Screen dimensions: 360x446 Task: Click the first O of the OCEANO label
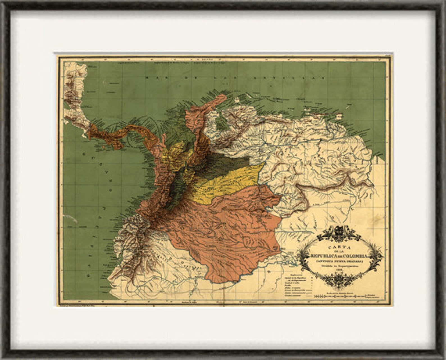click(x=83, y=154)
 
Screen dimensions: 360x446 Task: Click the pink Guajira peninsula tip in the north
click(x=220, y=98)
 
